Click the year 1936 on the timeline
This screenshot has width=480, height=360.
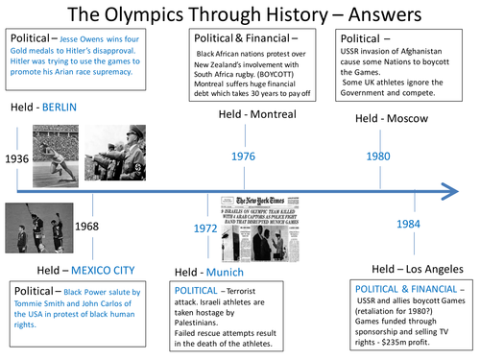pos(17,158)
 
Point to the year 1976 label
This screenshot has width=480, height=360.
pos(244,156)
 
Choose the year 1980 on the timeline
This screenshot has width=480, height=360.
pos(377,156)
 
